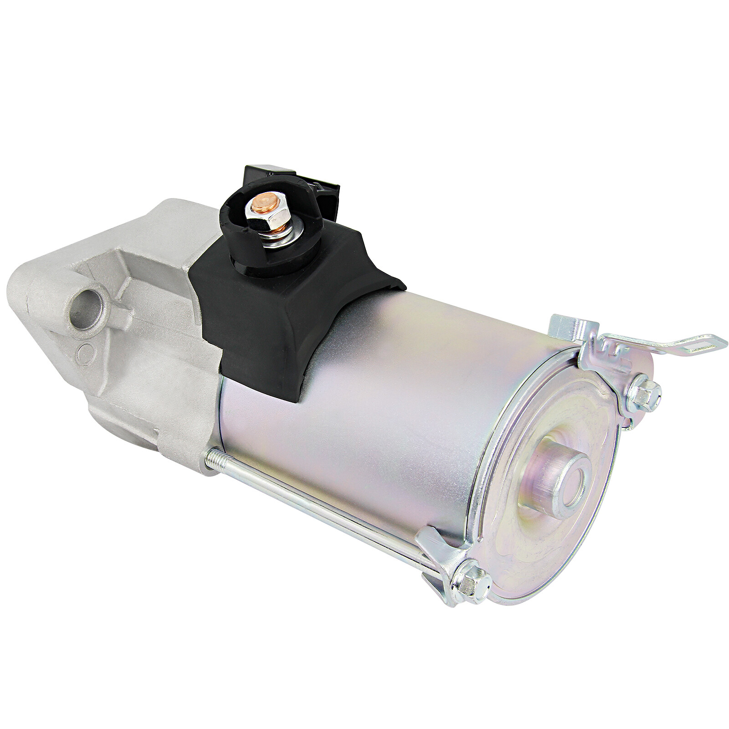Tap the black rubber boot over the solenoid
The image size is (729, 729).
coord(282,314)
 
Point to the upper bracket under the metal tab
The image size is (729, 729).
coord(606,360)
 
